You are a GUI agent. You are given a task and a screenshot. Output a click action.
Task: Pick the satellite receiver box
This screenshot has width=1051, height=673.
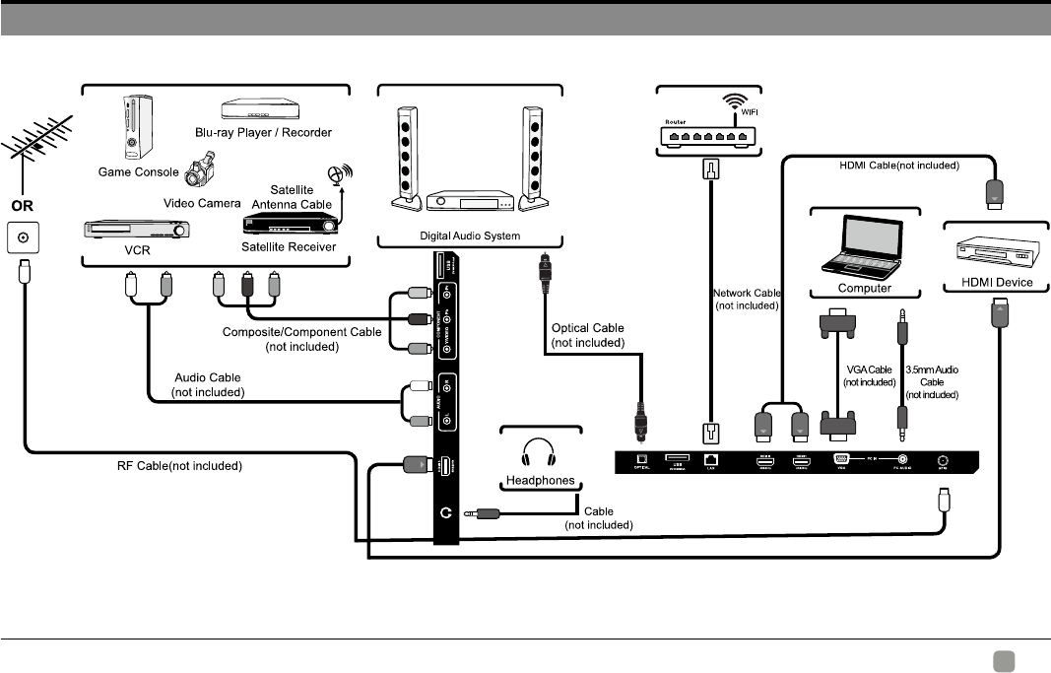(x=290, y=223)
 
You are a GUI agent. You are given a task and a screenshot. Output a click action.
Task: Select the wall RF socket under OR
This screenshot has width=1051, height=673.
(x=24, y=237)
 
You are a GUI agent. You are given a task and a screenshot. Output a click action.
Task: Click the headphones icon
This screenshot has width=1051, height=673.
(x=540, y=454)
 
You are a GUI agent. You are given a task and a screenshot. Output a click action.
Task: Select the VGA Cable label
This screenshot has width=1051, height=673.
(x=868, y=375)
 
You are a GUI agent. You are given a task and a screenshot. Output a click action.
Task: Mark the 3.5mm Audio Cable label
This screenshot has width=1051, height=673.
(x=931, y=381)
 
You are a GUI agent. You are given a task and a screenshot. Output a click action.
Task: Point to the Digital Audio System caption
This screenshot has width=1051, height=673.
(x=470, y=237)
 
